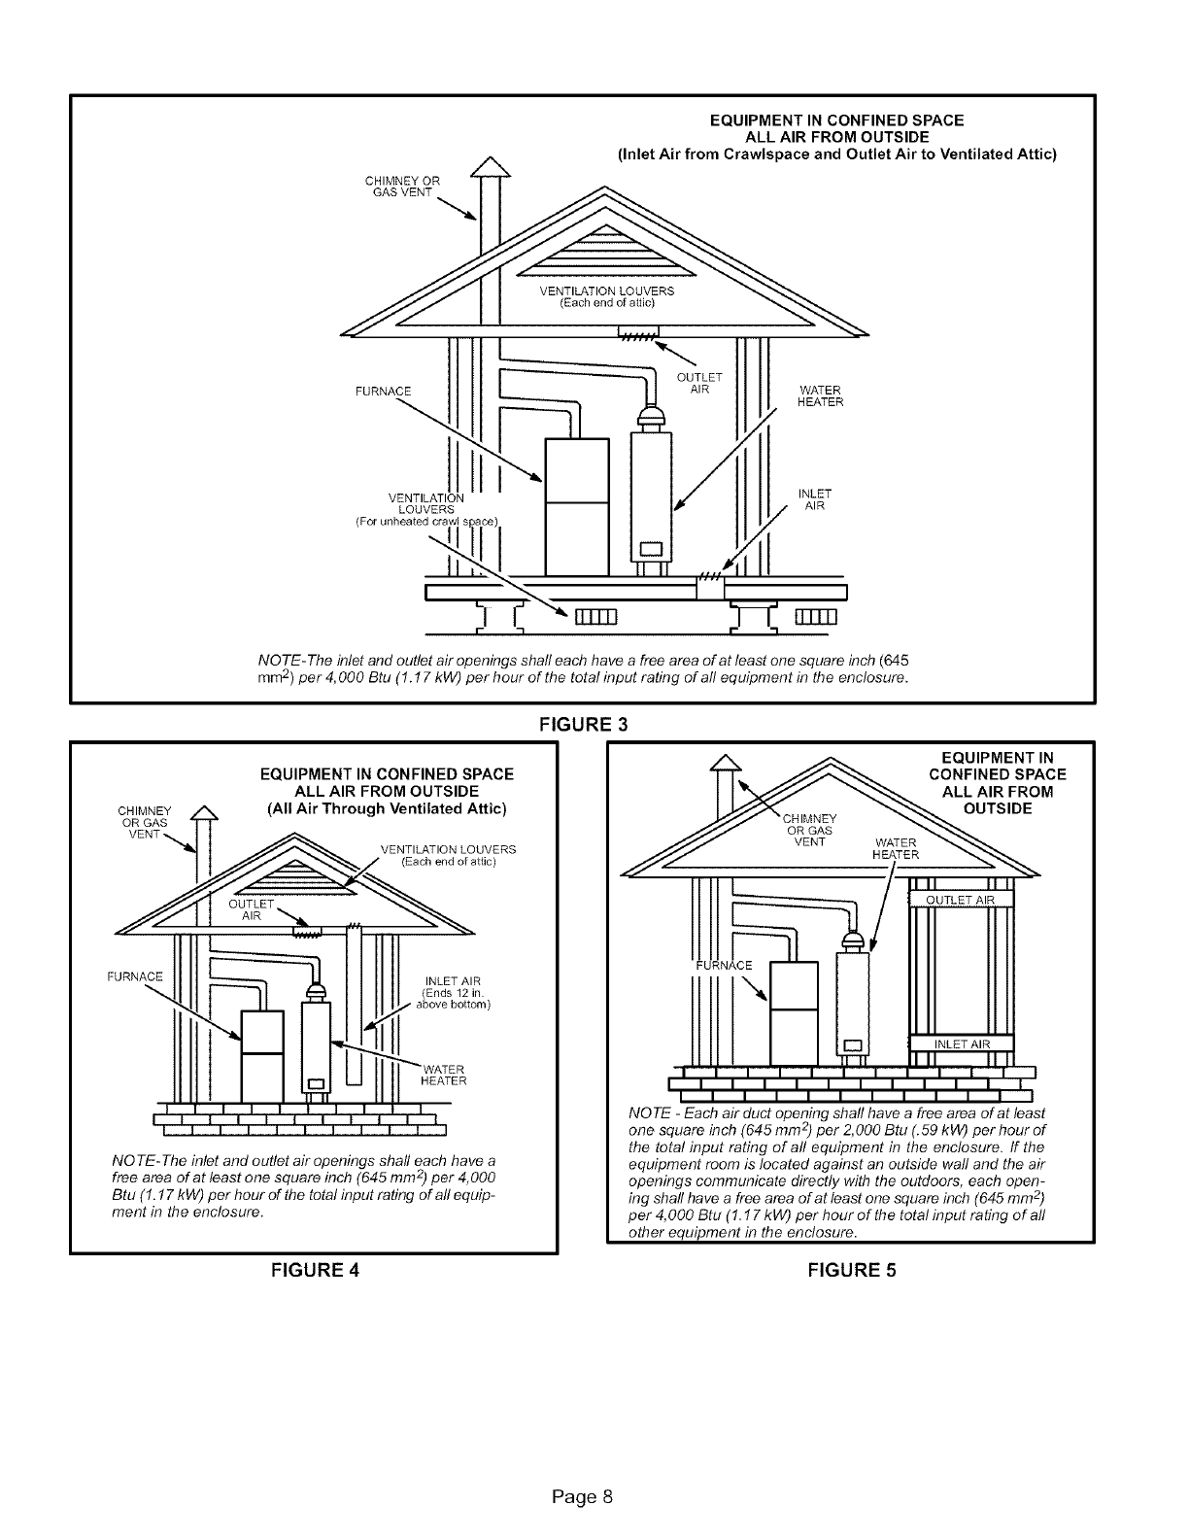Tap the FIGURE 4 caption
coord(313,1269)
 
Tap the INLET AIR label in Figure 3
coord(811,499)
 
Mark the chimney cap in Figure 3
coord(490,169)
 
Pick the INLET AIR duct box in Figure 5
coord(960,1044)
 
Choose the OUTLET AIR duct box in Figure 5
coord(960,900)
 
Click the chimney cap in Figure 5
coord(724,767)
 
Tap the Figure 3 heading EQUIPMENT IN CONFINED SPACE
coord(836,120)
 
